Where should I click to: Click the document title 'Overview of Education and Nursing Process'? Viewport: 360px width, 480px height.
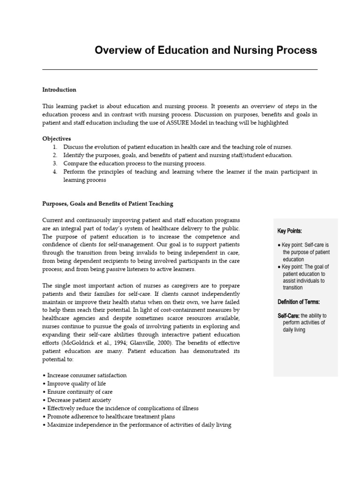[206, 50]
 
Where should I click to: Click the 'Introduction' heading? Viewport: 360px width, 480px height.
[59, 90]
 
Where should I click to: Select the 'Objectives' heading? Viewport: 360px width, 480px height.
[57, 139]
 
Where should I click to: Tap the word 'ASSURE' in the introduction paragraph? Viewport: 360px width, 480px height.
[178, 122]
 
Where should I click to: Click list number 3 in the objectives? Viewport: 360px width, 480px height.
[55, 163]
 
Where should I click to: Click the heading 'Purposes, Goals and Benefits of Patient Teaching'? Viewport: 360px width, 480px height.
[108, 203]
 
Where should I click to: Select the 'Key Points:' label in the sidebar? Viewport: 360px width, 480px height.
[290, 231]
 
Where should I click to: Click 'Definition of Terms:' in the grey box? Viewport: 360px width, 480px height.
[299, 302]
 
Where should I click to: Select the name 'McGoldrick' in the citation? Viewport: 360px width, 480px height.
[77, 343]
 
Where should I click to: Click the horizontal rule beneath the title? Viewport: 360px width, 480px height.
[180, 69]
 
